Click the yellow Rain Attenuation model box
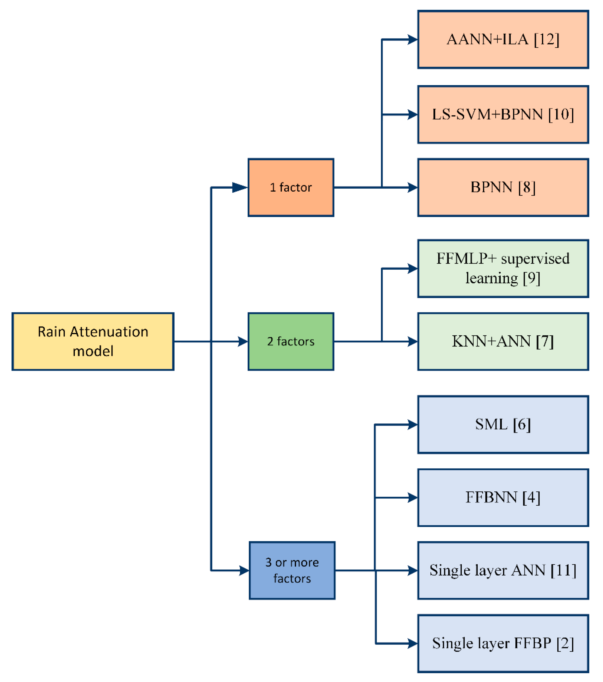tap(93, 341)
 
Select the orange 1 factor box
tap(291, 187)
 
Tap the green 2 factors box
tap(291, 341)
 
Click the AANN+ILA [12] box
tap(503, 39)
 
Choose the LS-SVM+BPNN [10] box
tap(503, 115)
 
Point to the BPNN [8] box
tap(503, 187)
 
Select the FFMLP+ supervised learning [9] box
tap(503, 269)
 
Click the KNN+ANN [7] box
tap(503, 341)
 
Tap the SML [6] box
tap(503, 425)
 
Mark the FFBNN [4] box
tap(503, 498)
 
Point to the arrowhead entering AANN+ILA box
tap(413, 39)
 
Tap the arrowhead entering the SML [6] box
tap(413, 425)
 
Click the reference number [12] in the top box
tap(546, 39)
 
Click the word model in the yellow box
tap(93, 351)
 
